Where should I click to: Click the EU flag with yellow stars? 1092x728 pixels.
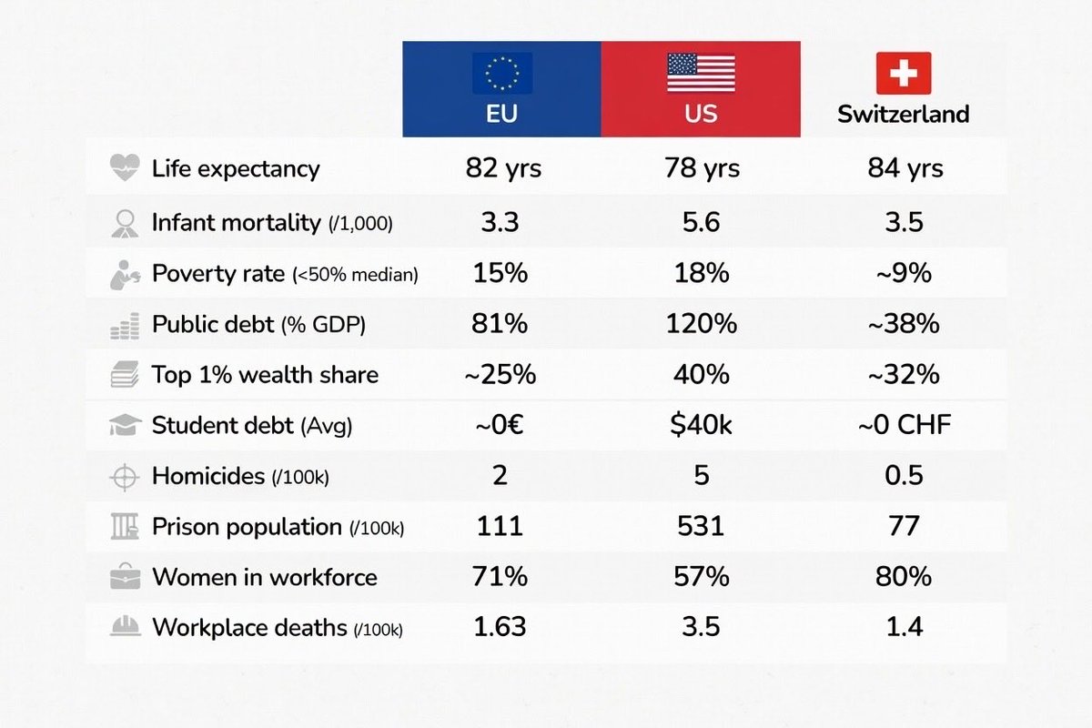pyautogui.click(x=501, y=73)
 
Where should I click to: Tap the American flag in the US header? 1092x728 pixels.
pyautogui.click(x=701, y=73)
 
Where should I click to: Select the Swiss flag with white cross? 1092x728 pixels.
pyautogui.click(x=903, y=73)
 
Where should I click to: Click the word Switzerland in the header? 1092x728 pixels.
pyautogui.click(x=903, y=115)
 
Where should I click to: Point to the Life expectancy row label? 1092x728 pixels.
pyautogui.click(x=236, y=168)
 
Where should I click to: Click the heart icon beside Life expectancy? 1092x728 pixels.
pyautogui.click(x=124, y=167)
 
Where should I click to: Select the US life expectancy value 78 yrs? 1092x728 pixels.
pyautogui.click(x=701, y=168)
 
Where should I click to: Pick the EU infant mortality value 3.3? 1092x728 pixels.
pyautogui.click(x=500, y=222)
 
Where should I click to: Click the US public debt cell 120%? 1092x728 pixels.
pyautogui.click(x=701, y=324)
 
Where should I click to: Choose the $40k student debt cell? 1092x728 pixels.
pyautogui.click(x=701, y=425)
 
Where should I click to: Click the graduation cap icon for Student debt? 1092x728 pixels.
pyautogui.click(x=124, y=425)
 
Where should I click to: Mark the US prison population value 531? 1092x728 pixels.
pyautogui.click(x=701, y=526)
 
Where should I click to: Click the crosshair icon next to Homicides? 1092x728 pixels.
pyautogui.click(x=125, y=477)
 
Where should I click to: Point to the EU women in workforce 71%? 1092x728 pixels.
pyautogui.click(x=500, y=577)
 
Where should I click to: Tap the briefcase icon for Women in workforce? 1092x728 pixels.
pyautogui.click(x=125, y=578)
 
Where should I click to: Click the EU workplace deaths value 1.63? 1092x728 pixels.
pyautogui.click(x=500, y=627)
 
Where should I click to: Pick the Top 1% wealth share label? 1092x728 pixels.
pyautogui.click(x=265, y=375)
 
